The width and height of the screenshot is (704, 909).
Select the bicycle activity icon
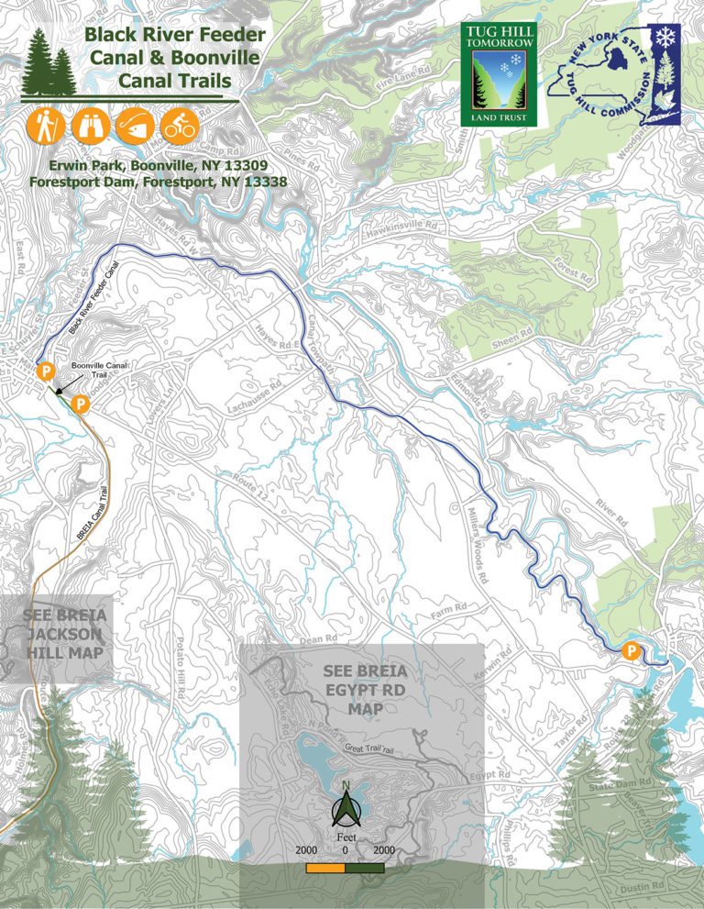181,126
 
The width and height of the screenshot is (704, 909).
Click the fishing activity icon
135,126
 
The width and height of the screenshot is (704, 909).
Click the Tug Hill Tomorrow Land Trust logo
500,73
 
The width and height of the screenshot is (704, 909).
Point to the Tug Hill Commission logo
615,73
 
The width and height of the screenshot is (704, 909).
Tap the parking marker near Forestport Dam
631,650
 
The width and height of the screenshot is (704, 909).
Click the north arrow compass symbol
345,812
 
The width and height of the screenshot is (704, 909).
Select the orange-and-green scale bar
345,867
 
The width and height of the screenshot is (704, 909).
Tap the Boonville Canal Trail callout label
102,370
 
